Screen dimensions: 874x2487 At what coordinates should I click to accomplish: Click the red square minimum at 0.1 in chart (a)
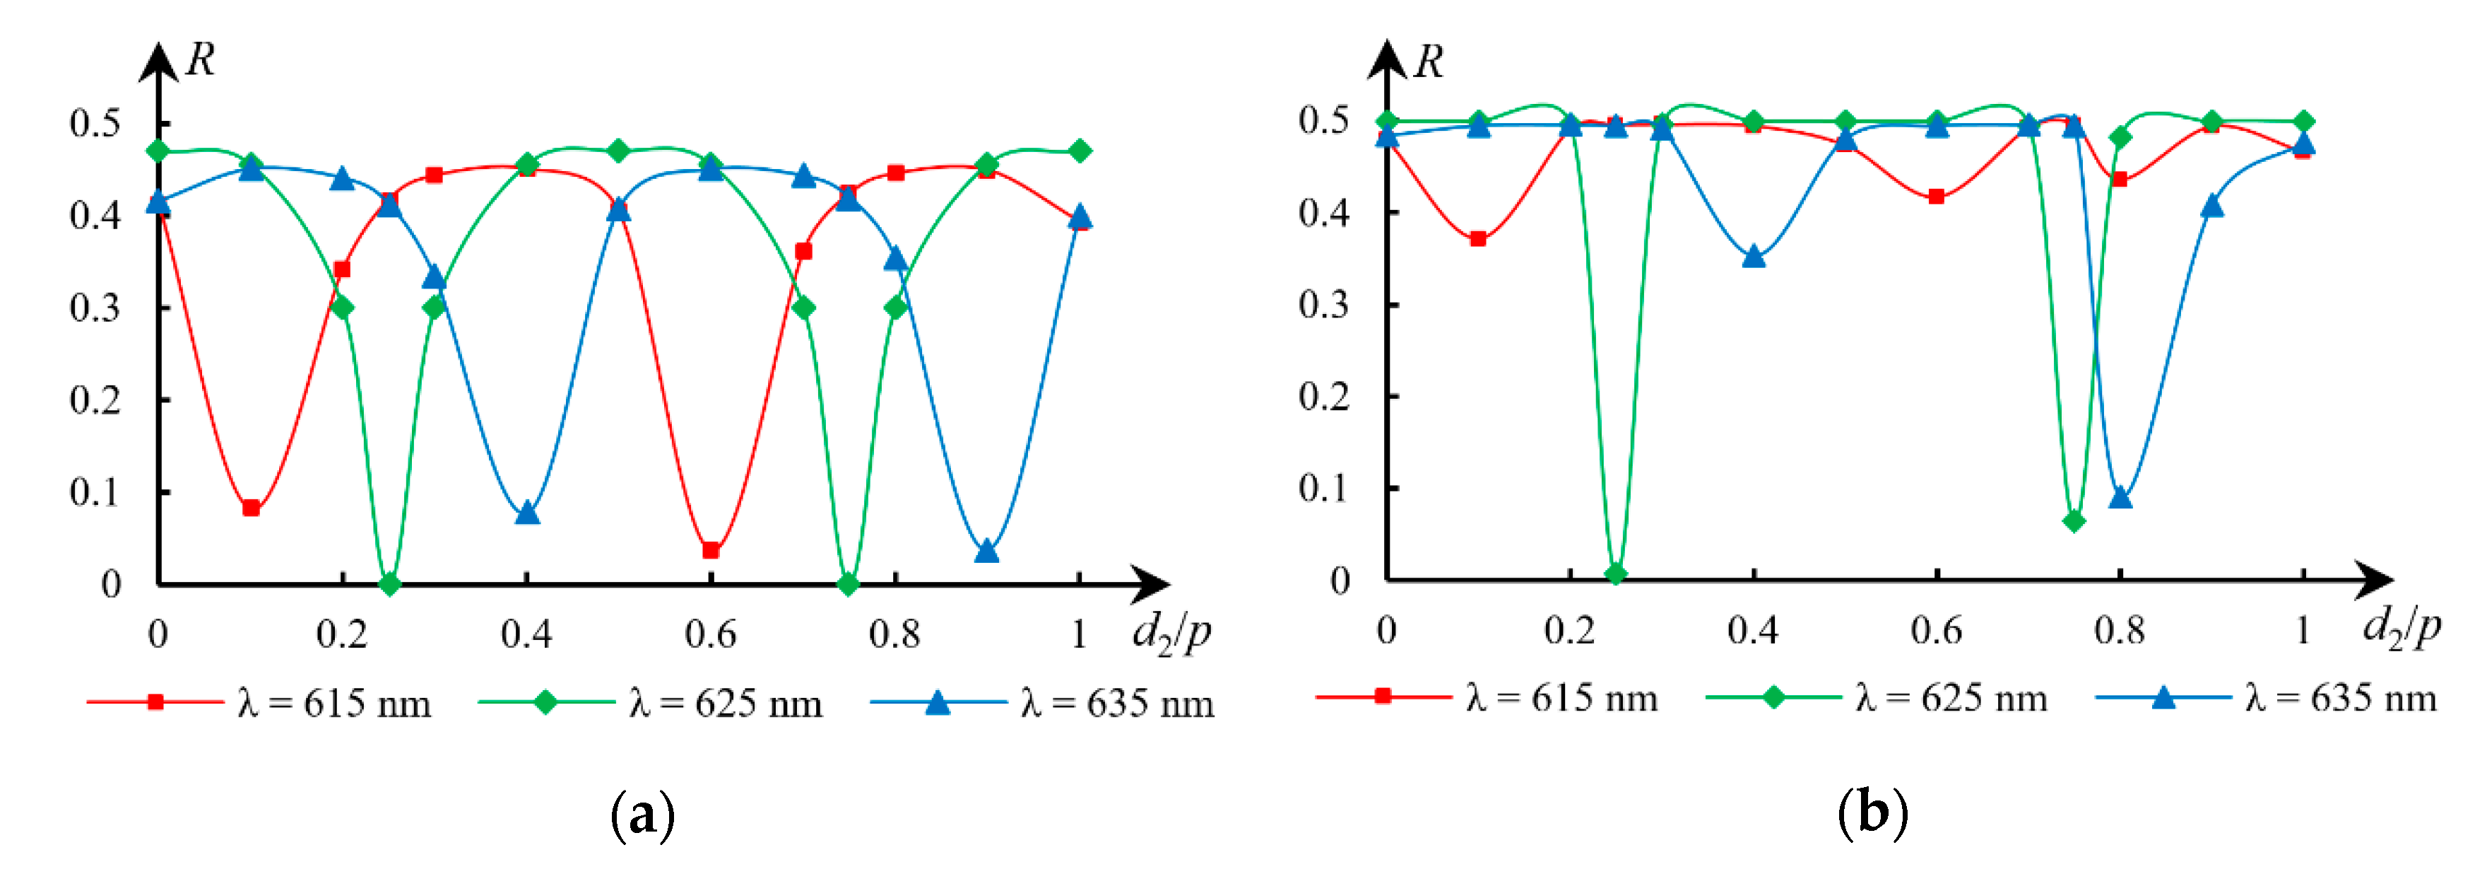point(251,508)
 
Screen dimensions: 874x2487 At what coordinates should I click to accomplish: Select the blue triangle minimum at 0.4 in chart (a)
point(527,513)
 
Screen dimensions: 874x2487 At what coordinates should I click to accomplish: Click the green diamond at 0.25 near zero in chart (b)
point(1616,573)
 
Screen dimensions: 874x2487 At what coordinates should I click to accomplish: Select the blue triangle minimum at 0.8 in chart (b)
point(2120,497)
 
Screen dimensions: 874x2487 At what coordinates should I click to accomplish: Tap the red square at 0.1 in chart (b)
point(1478,238)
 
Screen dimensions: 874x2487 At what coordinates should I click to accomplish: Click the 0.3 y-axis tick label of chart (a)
point(95,308)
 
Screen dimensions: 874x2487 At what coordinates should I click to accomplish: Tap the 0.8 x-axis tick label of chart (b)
point(2119,631)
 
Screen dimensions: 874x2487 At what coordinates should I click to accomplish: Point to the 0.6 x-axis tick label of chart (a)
point(709,634)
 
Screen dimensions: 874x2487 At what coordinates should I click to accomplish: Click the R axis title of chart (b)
point(1428,63)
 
